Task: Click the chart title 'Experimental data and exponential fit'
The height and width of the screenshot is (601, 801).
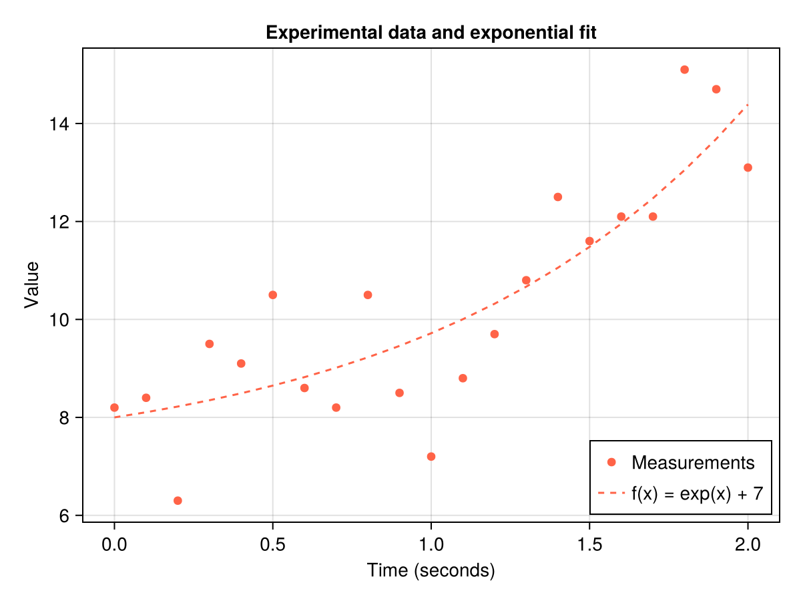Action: pos(431,33)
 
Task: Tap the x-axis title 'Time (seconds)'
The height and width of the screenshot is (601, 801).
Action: pos(431,571)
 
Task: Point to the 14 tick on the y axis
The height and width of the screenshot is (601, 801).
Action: pos(64,124)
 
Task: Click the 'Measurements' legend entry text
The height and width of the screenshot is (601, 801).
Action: pos(693,463)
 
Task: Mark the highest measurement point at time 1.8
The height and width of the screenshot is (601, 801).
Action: pos(684,69)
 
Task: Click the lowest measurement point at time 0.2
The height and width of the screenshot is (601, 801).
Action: pos(178,501)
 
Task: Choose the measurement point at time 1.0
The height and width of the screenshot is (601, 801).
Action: pos(431,457)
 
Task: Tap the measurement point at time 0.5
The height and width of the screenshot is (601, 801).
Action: pos(272,295)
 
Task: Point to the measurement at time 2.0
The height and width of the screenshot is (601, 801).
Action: pos(748,168)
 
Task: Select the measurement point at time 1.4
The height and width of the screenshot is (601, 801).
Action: pos(558,197)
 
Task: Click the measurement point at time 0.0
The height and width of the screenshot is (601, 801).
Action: pos(114,407)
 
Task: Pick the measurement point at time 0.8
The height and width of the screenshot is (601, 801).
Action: pos(368,295)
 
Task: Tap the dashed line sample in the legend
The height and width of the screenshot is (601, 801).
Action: pos(610,493)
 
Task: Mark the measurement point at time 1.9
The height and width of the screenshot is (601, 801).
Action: pos(716,89)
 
